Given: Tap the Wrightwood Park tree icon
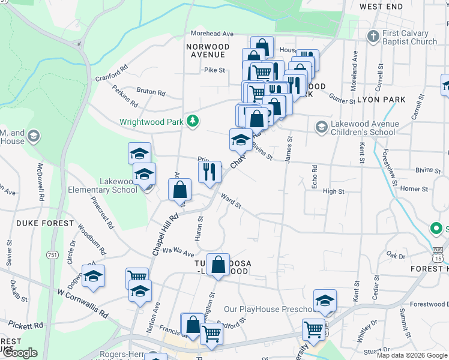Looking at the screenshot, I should [193, 121].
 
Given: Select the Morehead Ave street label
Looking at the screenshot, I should [212, 34].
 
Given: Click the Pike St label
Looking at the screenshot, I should [214, 70].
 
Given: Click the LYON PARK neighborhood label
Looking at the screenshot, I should [377, 100].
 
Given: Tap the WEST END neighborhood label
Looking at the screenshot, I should [381, 7].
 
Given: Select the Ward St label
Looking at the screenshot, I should [231, 201].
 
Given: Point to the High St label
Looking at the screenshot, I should [334, 191].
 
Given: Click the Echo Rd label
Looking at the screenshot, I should [314, 177].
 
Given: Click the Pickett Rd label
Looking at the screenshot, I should [26, 325].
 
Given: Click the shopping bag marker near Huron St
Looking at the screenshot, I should [180, 191].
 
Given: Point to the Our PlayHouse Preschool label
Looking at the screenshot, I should [268, 310].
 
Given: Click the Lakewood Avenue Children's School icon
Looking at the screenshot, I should [322, 127].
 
